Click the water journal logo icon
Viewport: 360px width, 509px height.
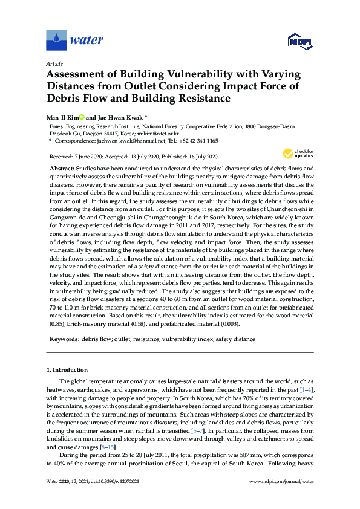coord(57,41)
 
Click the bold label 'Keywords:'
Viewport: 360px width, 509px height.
coord(64,340)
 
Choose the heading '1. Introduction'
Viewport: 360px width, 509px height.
coord(67,369)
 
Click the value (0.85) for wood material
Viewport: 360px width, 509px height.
coord(57,324)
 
